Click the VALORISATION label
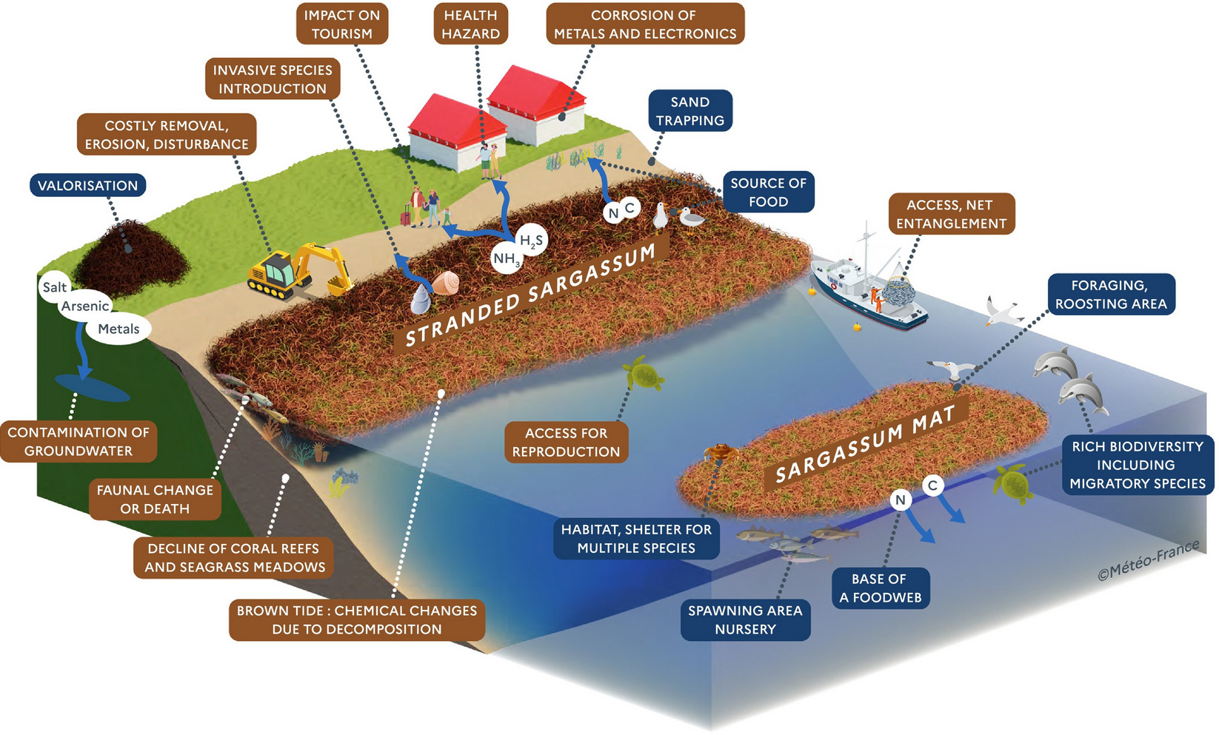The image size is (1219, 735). tap(87, 185)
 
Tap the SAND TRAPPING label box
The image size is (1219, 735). tap(690, 111)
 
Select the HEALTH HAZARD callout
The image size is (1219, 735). tap(470, 24)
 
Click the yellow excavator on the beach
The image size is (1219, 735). tap(300, 270)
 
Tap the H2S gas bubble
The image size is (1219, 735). tap(531, 240)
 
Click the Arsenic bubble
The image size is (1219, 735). tap(85, 306)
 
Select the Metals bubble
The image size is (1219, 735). tap(118, 329)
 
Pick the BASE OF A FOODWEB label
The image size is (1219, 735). tap(881, 588)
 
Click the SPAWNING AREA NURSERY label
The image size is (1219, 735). tap(745, 620)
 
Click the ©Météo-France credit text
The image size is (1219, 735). tap(1148, 560)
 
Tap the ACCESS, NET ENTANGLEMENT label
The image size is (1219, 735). tap(951, 214)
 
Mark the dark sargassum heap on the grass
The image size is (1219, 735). tap(130, 255)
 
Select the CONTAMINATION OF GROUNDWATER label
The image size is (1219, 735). tap(79, 441)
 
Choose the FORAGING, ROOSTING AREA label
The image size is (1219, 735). tap(1111, 294)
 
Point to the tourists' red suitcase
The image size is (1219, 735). tap(405, 218)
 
